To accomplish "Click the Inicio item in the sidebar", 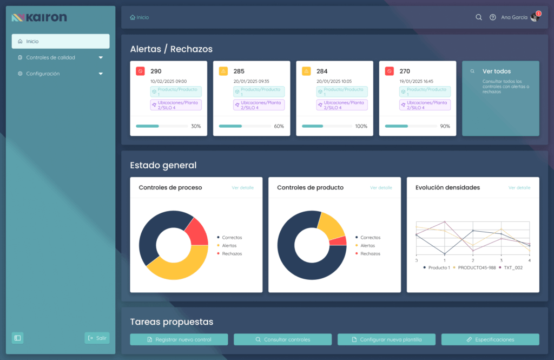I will [x=32, y=41].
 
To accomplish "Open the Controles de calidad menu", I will [x=51, y=57].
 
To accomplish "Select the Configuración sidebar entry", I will [x=43, y=74].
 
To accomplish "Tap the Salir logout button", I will [x=97, y=338].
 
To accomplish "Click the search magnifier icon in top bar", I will [x=479, y=17].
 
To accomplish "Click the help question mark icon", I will [x=493, y=17].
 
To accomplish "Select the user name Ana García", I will [x=514, y=17].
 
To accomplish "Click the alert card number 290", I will [x=156, y=71].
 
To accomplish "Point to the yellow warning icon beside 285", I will [x=223, y=71].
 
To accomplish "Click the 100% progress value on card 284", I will [x=361, y=126].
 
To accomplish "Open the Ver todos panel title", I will [x=496, y=71].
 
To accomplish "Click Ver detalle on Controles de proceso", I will [x=242, y=188].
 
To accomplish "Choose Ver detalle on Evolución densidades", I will [x=519, y=188].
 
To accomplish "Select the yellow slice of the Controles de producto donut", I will [x=331, y=225].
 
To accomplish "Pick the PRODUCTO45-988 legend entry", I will [x=477, y=267].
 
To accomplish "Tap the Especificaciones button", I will [x=490, y=339].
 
